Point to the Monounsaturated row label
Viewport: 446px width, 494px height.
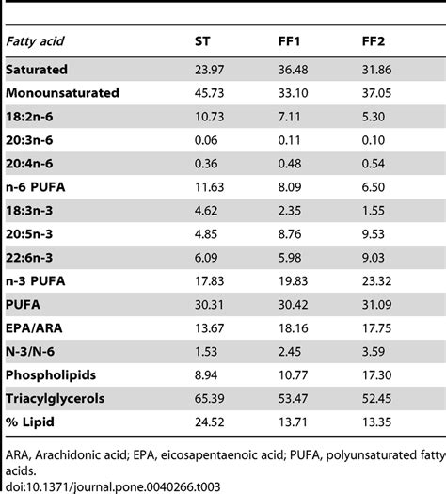click(x=62, y=94)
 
